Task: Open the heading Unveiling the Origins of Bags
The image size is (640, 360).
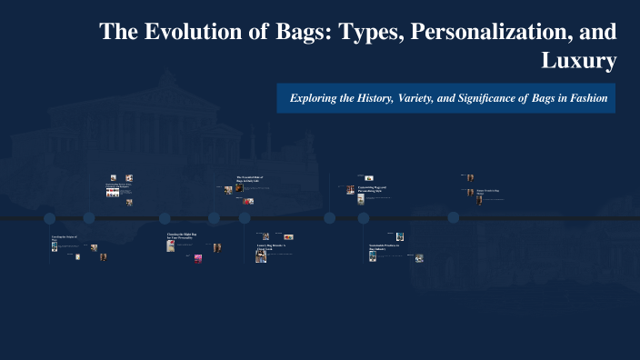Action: click(64, 238)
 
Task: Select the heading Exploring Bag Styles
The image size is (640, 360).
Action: click(118, 185)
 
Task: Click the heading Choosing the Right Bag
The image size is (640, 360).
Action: click(182, 235)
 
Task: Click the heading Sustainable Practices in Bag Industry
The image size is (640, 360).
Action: click(383, 247)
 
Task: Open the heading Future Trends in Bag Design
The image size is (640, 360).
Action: click(488, 192)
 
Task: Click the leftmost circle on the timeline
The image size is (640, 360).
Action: click(50, 218)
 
